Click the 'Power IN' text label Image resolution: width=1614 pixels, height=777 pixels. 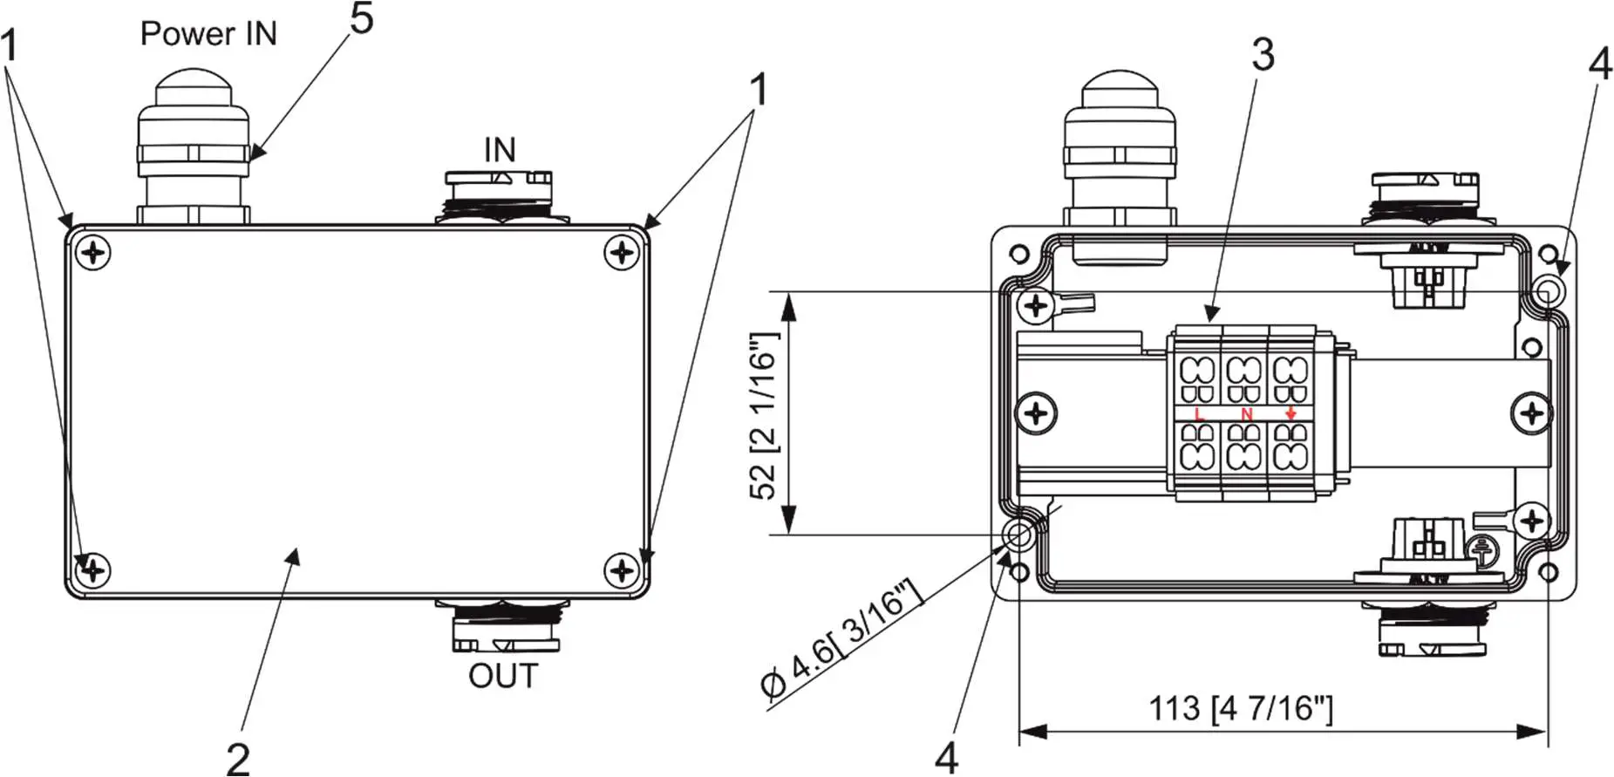coord(208,34)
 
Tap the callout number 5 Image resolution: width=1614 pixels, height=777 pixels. coord(362,18)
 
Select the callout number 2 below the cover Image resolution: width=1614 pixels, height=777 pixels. coord(238,757)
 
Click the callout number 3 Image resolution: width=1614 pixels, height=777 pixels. coord(1263,55)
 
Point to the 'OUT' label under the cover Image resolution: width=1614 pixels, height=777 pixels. coord(503,676)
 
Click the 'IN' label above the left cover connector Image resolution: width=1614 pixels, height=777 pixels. coord(500,150)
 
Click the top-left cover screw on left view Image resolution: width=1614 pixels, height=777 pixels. coord(94,254)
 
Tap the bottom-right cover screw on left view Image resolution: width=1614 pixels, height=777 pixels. coord(622,571)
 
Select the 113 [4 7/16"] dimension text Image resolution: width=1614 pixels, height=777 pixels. coord(1240,708)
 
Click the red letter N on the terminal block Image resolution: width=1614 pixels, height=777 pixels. coord(1246,414)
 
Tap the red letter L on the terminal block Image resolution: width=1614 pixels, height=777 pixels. coord(1199,414)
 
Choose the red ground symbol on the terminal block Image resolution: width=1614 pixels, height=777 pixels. coord(1291,414)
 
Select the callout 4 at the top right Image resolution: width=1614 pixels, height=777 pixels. coord(1600,64)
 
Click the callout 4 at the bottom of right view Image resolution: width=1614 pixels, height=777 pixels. coord(946,757)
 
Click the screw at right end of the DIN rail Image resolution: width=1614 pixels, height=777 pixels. coord(1532,412)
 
